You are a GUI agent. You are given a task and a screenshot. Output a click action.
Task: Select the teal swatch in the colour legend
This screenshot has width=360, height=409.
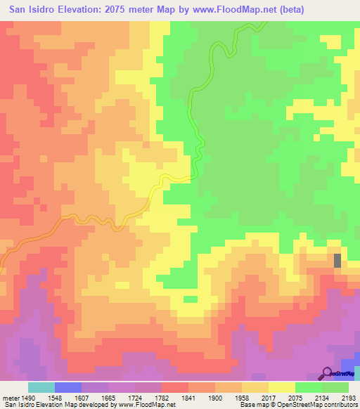(x=41, y=387)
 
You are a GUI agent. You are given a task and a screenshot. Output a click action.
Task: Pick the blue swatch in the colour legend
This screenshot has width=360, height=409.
(x=68, y=387)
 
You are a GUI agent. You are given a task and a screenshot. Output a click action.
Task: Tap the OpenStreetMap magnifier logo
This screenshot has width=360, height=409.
(x=328, y=372)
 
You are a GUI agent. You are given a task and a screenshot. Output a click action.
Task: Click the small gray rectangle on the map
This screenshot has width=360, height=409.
(x=337, y=260)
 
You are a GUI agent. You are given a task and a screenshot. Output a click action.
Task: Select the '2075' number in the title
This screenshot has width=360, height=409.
(x=124, y=9)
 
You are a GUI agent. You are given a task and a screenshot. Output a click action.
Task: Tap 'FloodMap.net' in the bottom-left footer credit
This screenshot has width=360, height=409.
(x=155, y=405)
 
